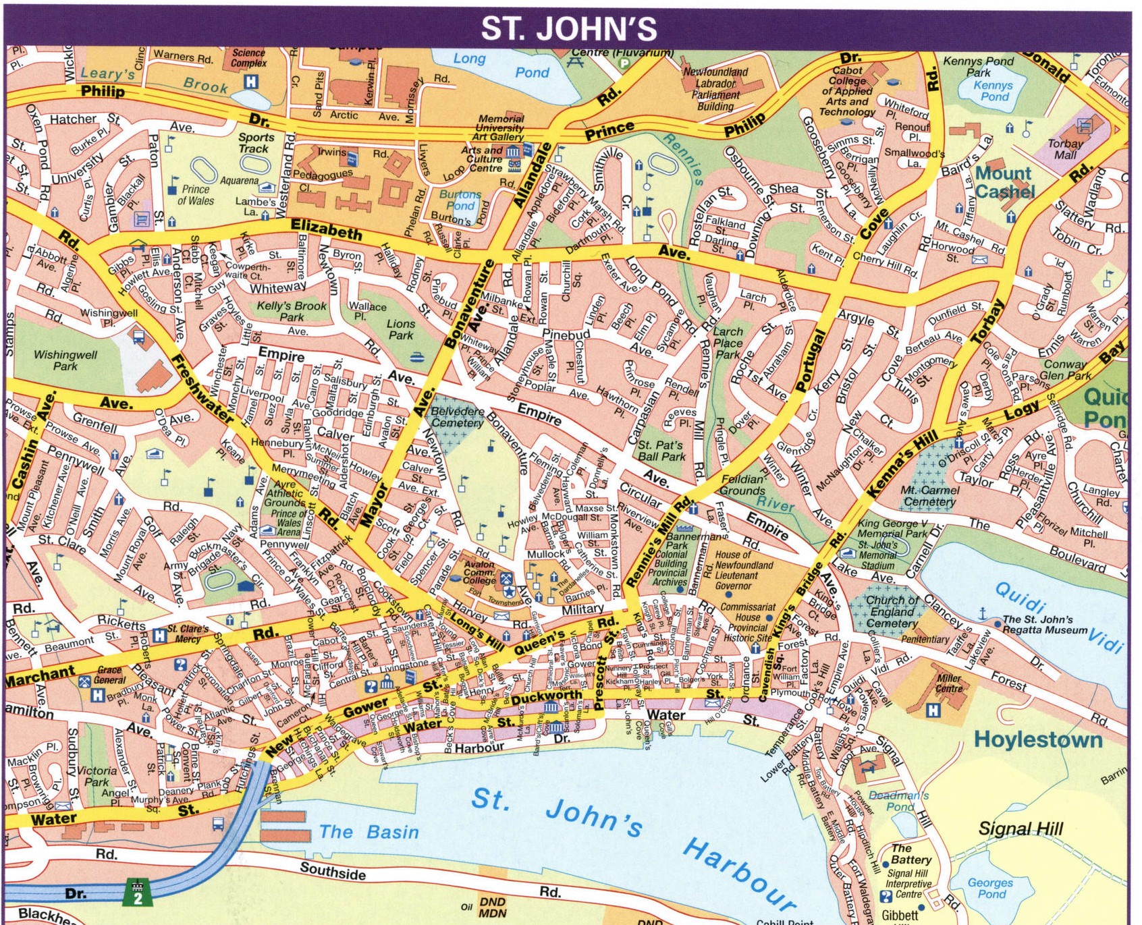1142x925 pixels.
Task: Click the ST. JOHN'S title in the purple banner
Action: [569, 28]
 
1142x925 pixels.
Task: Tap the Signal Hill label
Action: [1021, 829]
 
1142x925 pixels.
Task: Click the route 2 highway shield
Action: [138, 893]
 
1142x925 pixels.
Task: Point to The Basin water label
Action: [369, 832]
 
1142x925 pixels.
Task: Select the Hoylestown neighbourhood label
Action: [1038, 739]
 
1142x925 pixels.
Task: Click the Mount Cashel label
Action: [1004, 182]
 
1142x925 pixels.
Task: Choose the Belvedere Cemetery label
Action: [457, 417]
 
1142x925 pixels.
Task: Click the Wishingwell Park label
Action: [65, 360]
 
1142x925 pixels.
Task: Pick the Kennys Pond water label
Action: [992, 91]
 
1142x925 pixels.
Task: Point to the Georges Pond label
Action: [990, 888]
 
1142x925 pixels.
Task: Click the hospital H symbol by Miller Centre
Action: [933, 710]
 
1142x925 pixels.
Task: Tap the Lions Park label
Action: [400, 329]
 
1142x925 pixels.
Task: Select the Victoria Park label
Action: [97, 776]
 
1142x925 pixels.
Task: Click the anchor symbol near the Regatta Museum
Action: [983, 613]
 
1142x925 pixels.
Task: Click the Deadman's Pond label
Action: [899, 801]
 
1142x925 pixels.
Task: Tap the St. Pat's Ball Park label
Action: [661, 451]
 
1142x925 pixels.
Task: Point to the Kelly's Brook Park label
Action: [292, 311]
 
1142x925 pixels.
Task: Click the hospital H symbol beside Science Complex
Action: [250, 82]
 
